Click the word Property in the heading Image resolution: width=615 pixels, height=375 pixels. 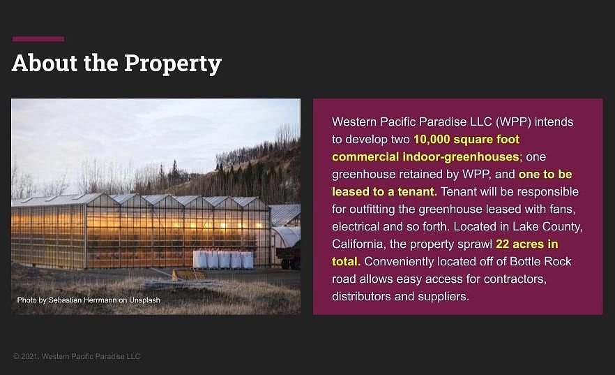(173, 64)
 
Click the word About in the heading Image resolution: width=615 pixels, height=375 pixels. (45, 63)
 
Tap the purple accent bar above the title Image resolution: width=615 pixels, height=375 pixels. (38, 39)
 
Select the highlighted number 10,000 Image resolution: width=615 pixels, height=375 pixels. (432, 140)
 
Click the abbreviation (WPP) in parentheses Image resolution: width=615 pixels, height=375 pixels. (513, 122)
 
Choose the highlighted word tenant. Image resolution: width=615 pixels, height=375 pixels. (417, 191)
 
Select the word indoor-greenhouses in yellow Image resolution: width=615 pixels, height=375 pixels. (462, 157)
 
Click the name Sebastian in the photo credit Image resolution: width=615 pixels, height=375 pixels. (65, 300)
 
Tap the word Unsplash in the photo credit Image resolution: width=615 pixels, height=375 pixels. (144, 300)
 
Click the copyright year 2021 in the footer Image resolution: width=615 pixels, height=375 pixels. (29, 357)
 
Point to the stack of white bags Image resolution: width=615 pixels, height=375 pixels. (223, 260)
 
